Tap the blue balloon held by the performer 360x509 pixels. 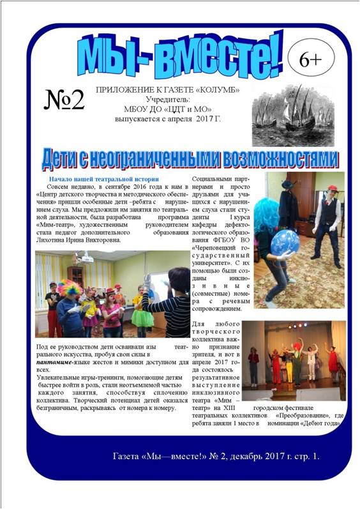(x=285, y=243)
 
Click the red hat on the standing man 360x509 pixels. (x=331, y=188)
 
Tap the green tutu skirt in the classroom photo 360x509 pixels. (x=143, y=317)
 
